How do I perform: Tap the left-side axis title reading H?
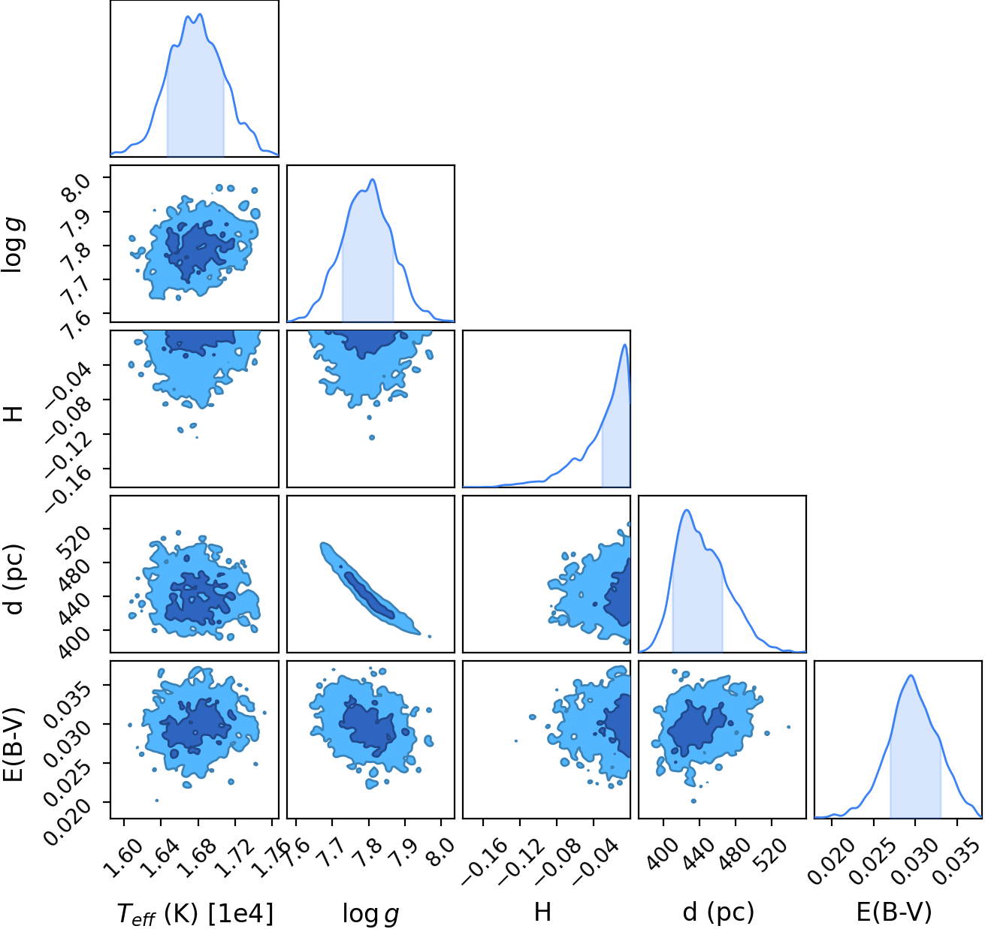(16, 412)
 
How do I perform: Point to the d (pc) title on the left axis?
(15, 579)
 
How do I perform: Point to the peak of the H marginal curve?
(625, 345)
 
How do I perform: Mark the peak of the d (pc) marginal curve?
(687, 510)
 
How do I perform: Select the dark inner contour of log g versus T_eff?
(198, 250)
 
